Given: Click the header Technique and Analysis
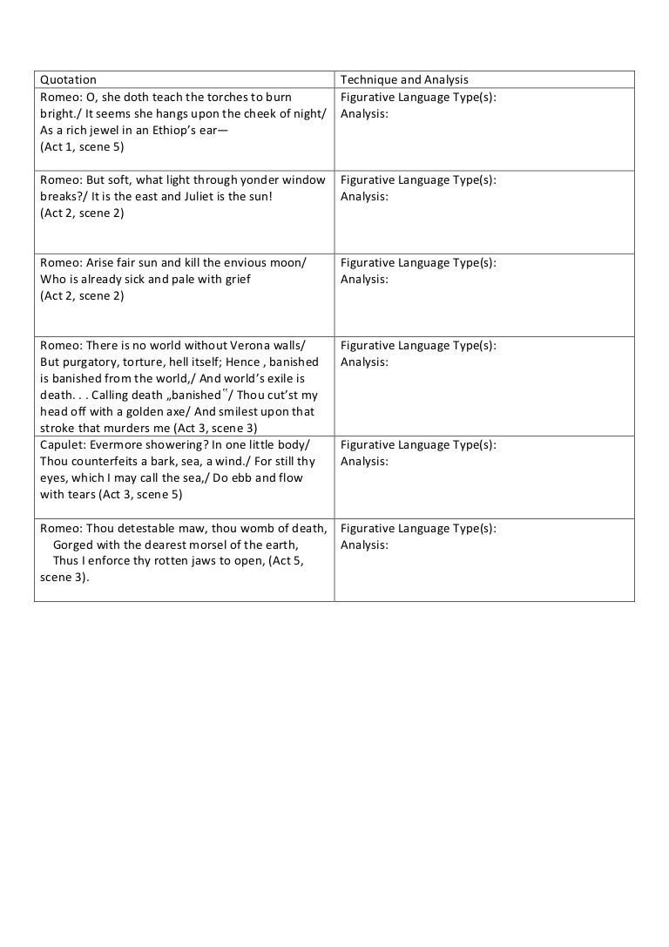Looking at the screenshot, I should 404,80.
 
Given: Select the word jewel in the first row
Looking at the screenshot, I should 110,130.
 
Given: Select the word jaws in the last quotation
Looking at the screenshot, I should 206,560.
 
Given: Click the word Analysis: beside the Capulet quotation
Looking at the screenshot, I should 364,461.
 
